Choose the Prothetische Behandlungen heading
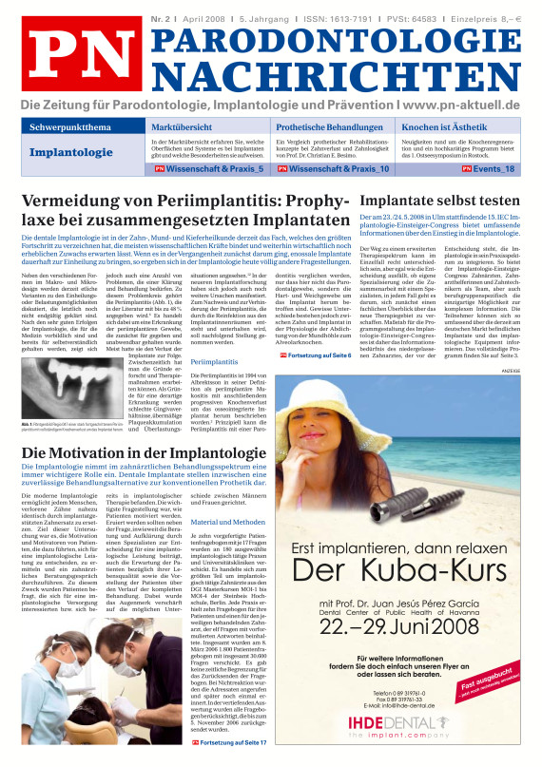click(x=329, y=126)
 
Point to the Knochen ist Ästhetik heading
click(x=451, y=126)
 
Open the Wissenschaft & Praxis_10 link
click(x=343, y=168)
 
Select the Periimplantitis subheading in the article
click(x=215, y=362)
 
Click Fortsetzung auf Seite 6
click(x=315, y=355)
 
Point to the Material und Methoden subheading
click(x=229, y=522)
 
